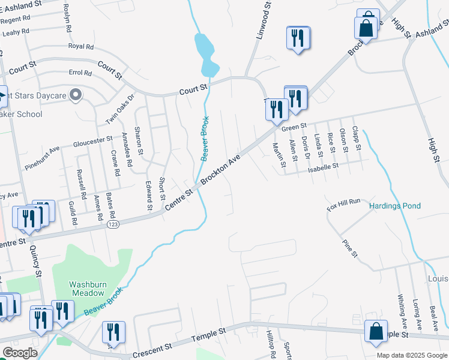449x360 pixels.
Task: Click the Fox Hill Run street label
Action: (x=343, y=203)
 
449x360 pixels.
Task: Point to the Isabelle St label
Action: (x=324, y=164)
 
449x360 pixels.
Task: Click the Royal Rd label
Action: (x=81, y=46)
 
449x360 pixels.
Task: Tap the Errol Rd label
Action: (x=80, y=73)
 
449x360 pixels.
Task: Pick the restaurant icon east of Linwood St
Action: (x=297, y=39)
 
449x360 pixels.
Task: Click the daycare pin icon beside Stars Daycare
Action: (x=76, y=95)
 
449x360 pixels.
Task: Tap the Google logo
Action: (x=20, y=353)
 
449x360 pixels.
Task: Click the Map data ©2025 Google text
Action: (x=412, y=355)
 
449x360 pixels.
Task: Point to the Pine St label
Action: (x=349, y=248)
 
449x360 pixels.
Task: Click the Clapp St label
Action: (x=356, y=137)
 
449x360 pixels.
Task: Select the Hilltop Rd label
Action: (x=271, y=347)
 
